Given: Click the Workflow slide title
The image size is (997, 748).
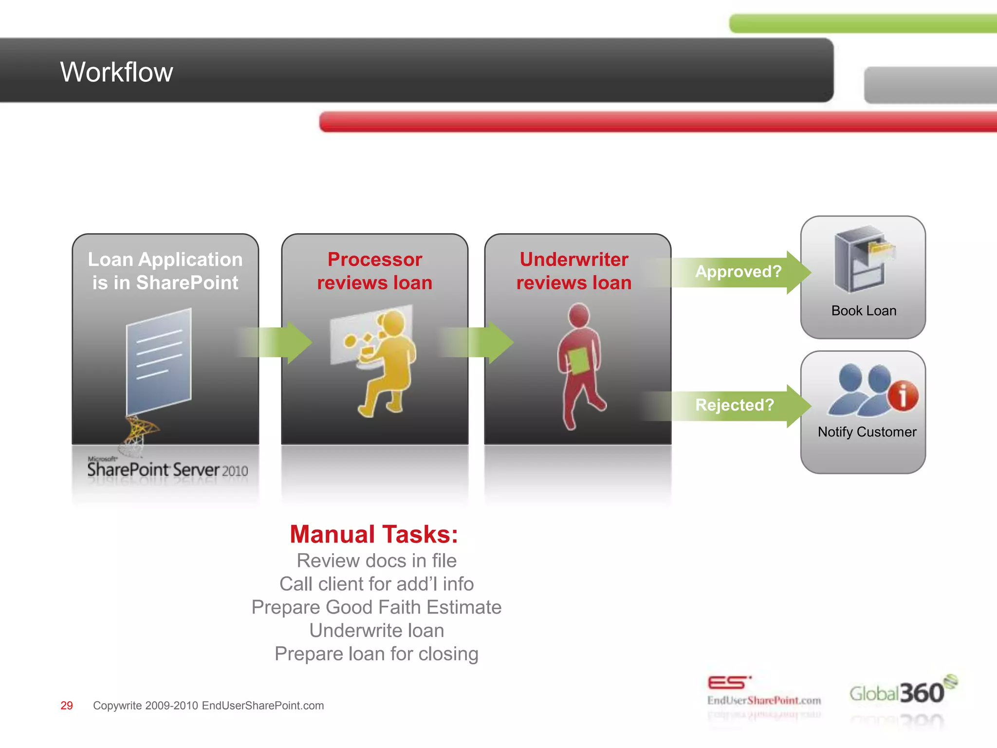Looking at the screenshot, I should click(116, 72).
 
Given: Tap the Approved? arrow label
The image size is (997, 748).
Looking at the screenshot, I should click(738, 271).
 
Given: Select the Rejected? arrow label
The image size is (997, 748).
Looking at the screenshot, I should click(734, 405).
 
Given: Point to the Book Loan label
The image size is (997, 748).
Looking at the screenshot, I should click(864, 311).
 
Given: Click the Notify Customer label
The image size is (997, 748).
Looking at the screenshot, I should click(867, 432).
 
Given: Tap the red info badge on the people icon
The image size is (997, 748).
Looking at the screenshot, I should click(903, 395).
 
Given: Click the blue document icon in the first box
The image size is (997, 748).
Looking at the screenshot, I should click(158, 360).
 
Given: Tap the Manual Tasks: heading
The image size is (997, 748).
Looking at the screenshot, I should click(374, 534).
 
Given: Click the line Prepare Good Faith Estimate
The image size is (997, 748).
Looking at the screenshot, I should click(376, 607).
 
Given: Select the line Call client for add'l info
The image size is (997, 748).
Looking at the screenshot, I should click(376, 584).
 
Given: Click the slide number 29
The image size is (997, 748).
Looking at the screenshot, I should click(67, 706).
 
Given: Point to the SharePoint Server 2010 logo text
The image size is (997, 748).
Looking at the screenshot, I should click(167, 470).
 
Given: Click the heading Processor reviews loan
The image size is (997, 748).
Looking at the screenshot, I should click(374, 271).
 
